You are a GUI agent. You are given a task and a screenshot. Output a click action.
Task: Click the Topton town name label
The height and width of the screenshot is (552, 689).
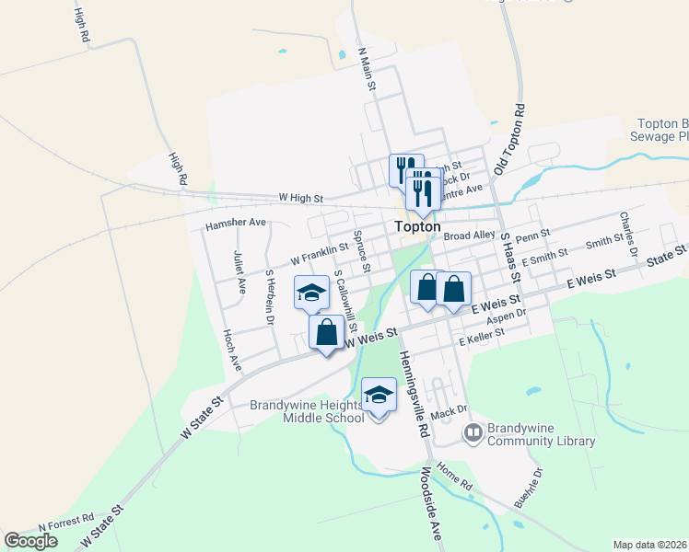point(417,226)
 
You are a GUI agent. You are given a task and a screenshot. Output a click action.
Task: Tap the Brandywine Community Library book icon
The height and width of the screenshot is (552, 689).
point(473,431)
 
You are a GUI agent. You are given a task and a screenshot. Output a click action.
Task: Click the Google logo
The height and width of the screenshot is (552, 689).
point(31,540)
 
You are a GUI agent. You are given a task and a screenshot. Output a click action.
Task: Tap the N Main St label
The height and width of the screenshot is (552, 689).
point(368,69)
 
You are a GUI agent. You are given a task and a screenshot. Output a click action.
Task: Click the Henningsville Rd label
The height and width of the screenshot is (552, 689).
point(414,394)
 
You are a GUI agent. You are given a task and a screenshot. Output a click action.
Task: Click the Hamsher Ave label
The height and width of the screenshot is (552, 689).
point(235,223)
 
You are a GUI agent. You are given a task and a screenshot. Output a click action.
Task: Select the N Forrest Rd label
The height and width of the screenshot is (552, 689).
point(66,523)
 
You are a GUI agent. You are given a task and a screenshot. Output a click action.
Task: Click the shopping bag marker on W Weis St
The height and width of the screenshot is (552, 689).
point(326,333)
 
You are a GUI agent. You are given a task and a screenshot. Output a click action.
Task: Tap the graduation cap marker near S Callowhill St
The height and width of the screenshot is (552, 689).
point(311,293)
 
